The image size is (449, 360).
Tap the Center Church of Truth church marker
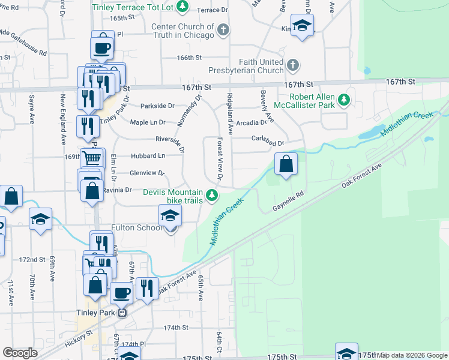223,31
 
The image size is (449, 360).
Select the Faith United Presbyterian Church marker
292,65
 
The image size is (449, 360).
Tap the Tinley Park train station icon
122,312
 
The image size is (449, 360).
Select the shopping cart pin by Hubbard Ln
92,159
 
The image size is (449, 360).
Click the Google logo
20,353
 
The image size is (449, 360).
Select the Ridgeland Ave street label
229,113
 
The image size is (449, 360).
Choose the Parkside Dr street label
157,106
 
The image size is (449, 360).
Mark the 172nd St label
32,260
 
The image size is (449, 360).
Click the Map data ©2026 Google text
412,355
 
